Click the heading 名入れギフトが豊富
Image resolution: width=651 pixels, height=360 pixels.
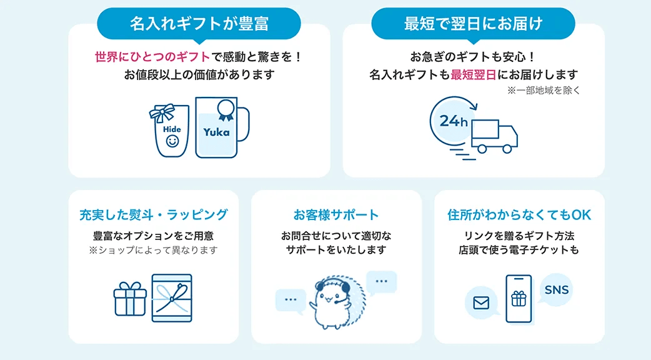pos(199,24)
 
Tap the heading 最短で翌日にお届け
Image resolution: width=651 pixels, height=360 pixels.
pos(473,24)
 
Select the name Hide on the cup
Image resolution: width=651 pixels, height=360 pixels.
pos(172,129)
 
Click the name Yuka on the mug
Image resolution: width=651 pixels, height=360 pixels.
pos(216,132)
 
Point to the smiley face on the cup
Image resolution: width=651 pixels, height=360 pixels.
pos(172,142)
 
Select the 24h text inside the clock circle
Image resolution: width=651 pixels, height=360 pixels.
pos(453,121)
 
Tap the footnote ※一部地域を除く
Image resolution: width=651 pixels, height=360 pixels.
pos(544,91)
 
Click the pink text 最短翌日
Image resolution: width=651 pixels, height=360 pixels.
pos(473,75)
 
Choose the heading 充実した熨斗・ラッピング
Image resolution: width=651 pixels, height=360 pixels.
pos(154,215)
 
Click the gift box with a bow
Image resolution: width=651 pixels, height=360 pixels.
pos(130,299)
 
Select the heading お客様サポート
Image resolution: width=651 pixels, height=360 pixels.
pos(336,215)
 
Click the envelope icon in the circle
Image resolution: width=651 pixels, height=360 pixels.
pos(481,303)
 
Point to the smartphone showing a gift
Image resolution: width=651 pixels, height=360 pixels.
pos(519,299)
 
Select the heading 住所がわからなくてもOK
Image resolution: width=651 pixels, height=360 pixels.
pos(519,215)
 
